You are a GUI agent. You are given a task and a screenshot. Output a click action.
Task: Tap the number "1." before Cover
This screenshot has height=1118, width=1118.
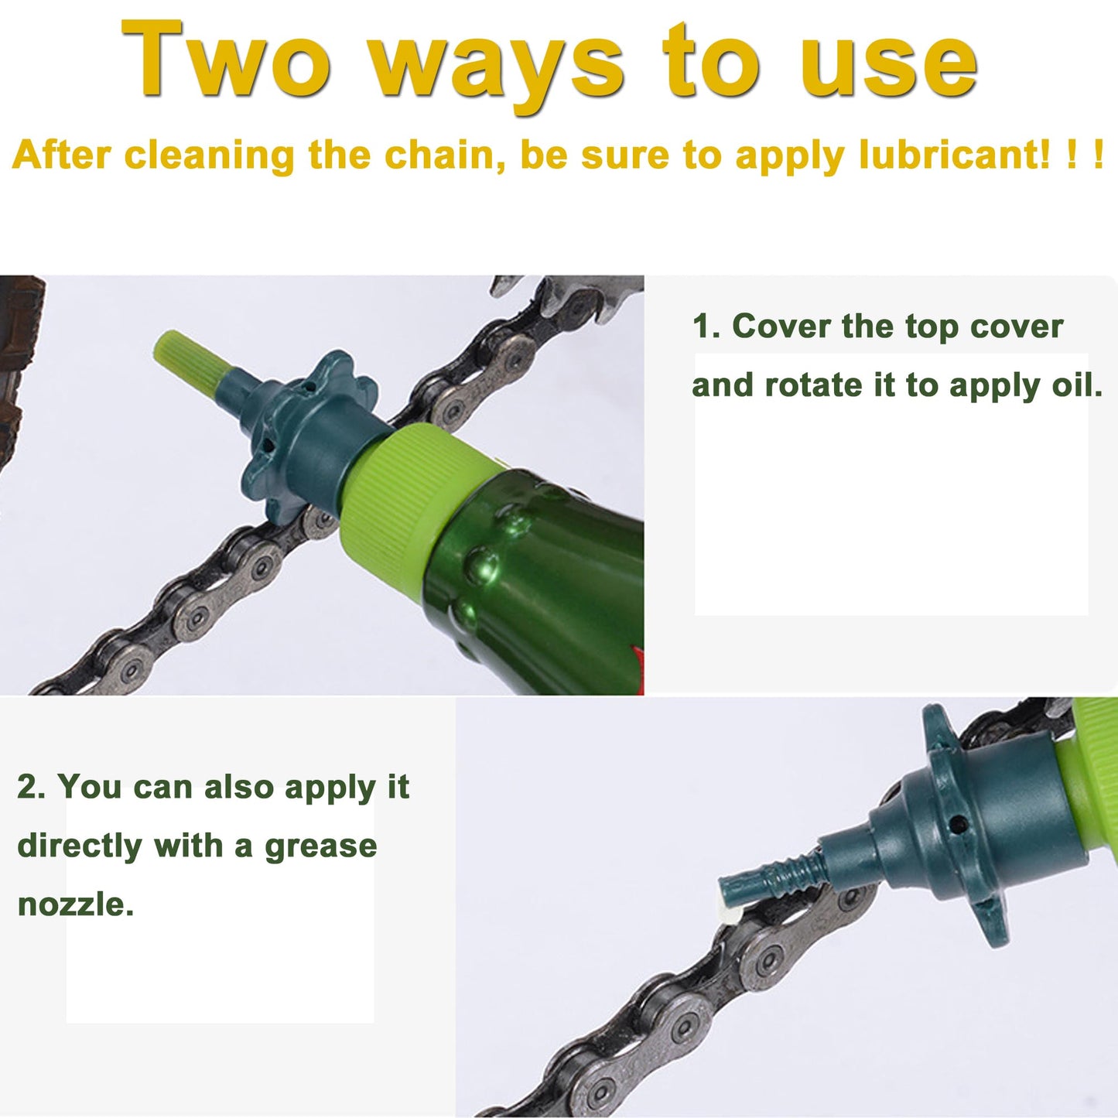(x=706, y=327)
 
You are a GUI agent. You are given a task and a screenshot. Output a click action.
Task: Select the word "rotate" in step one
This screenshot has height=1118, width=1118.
(x=812, y=385)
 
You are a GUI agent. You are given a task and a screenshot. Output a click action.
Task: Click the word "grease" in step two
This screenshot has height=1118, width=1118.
(x=320, y=846)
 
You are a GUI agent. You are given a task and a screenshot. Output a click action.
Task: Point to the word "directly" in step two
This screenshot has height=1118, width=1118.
(x=79, y=846)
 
